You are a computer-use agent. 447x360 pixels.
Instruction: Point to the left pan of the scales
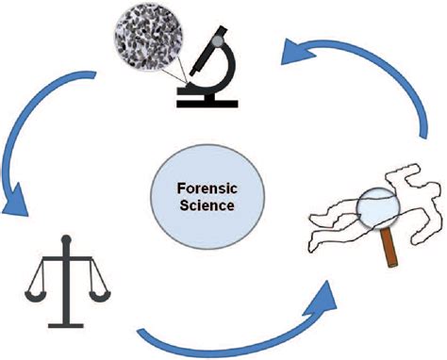(x=40, y=284)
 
